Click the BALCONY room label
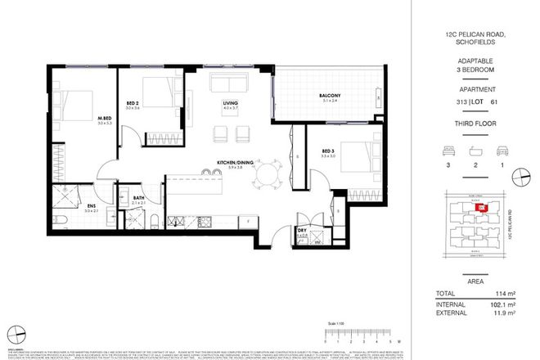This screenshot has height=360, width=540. pos(330,97)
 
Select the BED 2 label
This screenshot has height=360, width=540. pos(133,103)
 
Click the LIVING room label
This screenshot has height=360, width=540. pos(229,104)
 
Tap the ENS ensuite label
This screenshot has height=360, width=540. pos(89,206)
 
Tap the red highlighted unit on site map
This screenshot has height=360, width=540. pos(483,208)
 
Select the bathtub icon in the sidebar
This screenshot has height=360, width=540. pos(474,151)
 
